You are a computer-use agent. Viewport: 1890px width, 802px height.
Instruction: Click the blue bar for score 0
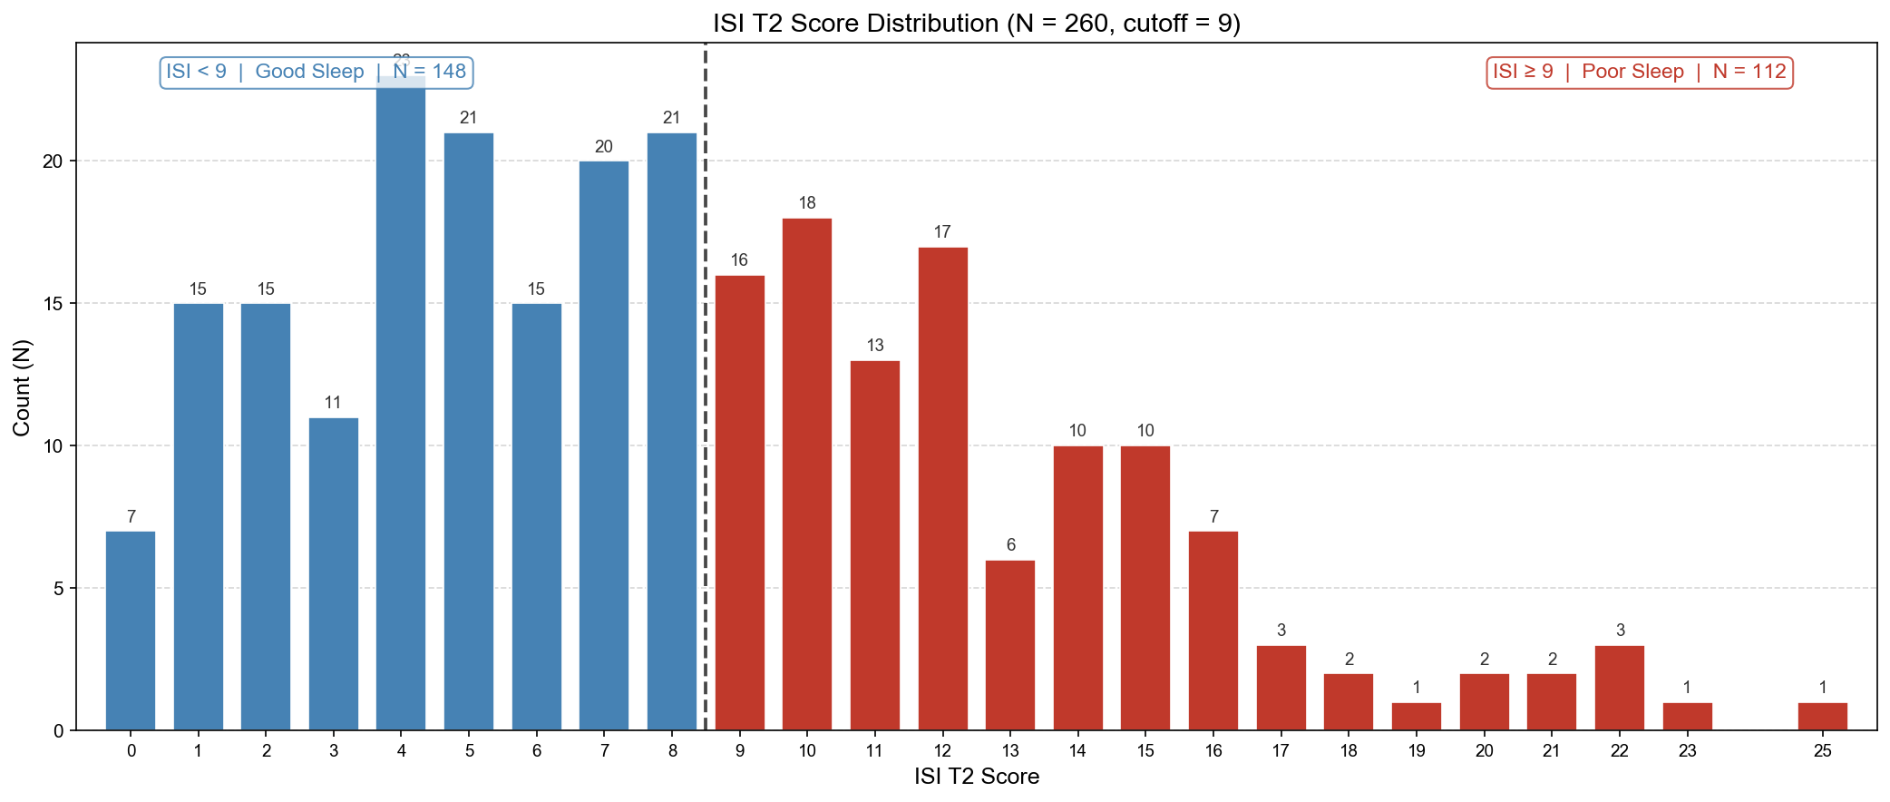pos(131,631)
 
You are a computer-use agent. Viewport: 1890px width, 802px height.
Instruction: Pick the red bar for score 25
pos(1822,717)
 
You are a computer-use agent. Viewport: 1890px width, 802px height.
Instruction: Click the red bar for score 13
pos(1010,645)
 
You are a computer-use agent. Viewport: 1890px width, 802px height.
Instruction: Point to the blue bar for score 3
pos(334,573)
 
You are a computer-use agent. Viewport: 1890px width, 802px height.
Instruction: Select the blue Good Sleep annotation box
pos(317,72)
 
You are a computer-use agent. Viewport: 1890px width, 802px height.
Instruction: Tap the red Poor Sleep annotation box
pos(1640,72)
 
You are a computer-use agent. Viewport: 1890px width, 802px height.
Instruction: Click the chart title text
pos(976,23)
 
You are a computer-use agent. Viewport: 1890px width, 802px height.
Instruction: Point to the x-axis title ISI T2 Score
pos(976,777)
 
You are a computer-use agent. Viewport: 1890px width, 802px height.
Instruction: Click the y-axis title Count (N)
pos(22,387)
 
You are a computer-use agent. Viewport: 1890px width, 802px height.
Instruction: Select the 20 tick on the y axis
pos(54,161)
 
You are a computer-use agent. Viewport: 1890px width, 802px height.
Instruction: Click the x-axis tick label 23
pos(1687,751)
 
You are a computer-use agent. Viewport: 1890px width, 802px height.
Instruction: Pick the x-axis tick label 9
pos(740,751)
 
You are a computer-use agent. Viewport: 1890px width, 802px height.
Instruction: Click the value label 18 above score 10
pos(807,203)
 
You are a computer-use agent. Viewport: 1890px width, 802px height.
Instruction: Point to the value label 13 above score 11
pos(874,346)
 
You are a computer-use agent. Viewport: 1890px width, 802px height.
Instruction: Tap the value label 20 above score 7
pos(604,147)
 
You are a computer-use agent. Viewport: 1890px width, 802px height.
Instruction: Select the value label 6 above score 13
pos(1010,545)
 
